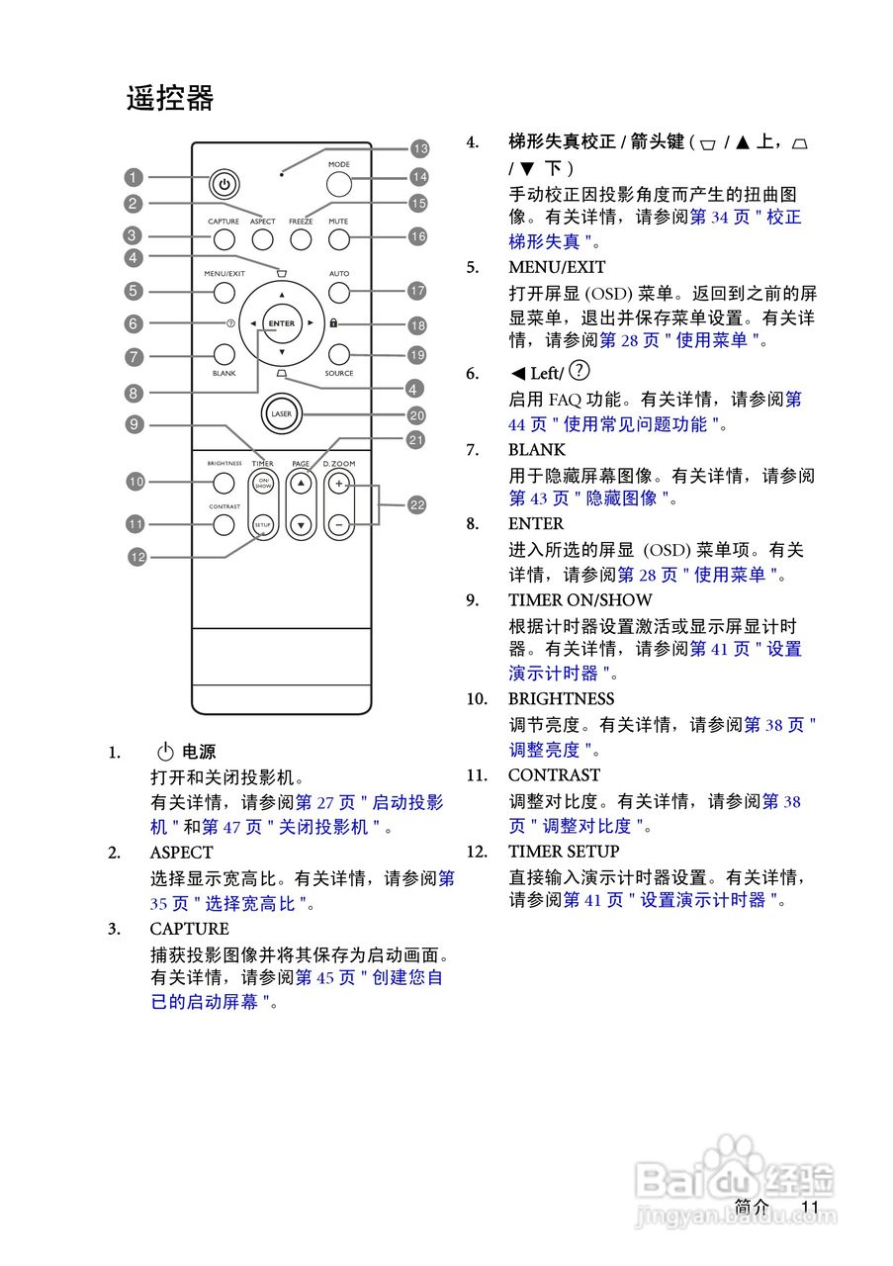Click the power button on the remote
[x=224, y=184]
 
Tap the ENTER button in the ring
[x=282, y=323]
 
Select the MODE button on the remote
[x=339, y=184]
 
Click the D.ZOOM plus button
[x=339, y=485]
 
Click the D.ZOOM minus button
[x=339, y=525]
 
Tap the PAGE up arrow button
[x=301, y=485]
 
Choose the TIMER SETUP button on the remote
[x=262, y=524]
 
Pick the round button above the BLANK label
[x=223, y=354]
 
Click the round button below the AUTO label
[x=339, y=293]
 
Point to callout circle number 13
[x=420, y=149]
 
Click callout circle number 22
[x=417, y=505]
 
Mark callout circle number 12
[x=136, y=557]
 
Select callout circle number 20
[x=416, y=416]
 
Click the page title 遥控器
[x=170, y=99]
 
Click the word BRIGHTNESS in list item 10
[x=561, y=699]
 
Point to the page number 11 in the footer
[x=811, y=1207]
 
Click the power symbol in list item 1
[x=165, y=753]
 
